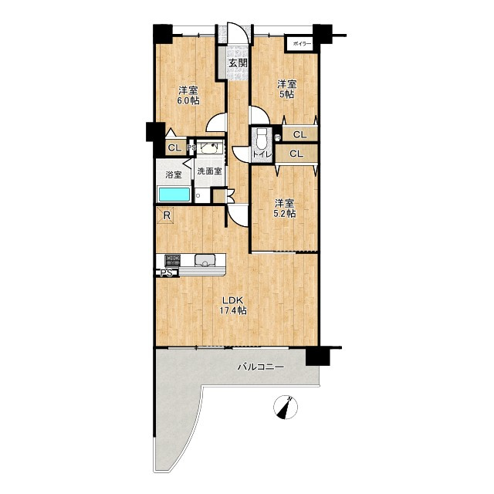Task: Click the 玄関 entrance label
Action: tap(238, 63)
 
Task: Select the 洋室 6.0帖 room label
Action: tap(188, 96)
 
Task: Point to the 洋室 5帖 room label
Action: tap(286, 89)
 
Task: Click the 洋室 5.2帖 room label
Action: tap(285, 208)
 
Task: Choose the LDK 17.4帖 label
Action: tap(233, 305)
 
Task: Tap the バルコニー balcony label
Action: tap(261, 367)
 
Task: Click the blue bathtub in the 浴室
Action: tap(174, 195)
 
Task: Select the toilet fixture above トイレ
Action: tap(261, 139)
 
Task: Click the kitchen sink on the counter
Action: tap(205, 260)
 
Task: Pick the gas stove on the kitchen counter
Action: tap(173, 260)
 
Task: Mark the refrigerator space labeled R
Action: tap(166, 216)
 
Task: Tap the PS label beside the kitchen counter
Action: tap(167, 272)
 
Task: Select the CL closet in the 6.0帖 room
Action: tap(175, 147)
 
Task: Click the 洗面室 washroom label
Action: tap(209, 171)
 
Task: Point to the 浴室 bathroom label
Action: tap(174, 175)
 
